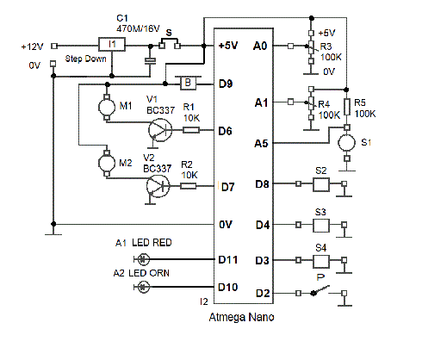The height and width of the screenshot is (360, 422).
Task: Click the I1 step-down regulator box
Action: coord(112,44)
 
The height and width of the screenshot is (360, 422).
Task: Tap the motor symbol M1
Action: coord(107,107)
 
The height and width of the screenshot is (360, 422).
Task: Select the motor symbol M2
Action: coord(107,163)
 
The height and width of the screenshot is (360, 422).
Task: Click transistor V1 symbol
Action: coord(160,130)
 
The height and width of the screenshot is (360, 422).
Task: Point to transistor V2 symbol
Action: coord(158,186)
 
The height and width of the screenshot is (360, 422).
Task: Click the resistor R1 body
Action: coord(191,130)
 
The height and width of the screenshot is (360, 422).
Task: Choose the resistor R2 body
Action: coord(189,186)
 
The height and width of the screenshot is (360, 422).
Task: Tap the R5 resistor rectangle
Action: coord(347,107)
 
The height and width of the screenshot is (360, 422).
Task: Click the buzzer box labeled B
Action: coord(188,83)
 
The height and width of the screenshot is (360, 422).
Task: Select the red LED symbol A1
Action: coord(143,259)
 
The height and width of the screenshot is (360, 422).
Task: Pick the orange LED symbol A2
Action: coord(143,287)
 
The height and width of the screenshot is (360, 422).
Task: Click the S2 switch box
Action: coord(321,184)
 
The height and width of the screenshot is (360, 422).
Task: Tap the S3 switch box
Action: coord(321,226)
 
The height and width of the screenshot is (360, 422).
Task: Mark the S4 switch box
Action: coord(321,261)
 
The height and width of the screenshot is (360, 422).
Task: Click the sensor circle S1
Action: coord(347,143)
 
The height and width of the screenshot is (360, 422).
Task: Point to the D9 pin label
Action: coord(226,84)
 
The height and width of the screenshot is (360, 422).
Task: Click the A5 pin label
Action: coord(261,143)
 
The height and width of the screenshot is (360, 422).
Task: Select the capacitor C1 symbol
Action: coord(150,60)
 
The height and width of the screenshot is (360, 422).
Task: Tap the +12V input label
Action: coord(32,47)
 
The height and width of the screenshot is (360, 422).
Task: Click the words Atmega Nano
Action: coord(241,317)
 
